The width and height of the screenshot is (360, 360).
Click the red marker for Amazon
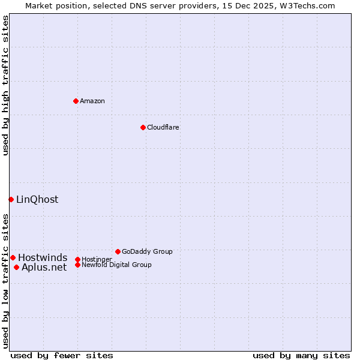coord(76,101)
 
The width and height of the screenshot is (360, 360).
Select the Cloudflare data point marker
coord(143,127)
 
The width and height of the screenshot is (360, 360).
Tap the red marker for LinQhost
coord(11,199)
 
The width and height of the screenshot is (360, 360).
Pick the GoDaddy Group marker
coord(118,251)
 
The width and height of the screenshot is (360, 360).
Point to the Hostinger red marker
coord(77,259)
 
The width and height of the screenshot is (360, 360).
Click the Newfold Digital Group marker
coord(77,265)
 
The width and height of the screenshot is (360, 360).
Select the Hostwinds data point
coord(13,257)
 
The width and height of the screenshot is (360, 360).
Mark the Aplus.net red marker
coord(16,267)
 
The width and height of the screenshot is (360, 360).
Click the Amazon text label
coord(92,101)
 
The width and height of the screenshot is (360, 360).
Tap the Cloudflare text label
coord(163,127)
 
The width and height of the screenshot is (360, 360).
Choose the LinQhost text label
coord(37,200)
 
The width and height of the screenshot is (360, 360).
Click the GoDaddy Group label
coord(147,251)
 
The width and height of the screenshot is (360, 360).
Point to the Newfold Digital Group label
coord(116,265)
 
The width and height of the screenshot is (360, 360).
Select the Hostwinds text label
coord(43,258)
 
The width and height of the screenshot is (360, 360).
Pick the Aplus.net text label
coord(44,268)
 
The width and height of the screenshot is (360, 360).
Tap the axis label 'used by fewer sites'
coord(62,355)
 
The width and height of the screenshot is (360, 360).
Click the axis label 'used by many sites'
coord(301,355)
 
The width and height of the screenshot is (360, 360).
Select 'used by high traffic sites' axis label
coord(6,85)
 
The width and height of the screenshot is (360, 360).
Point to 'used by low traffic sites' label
coord(6,281)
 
